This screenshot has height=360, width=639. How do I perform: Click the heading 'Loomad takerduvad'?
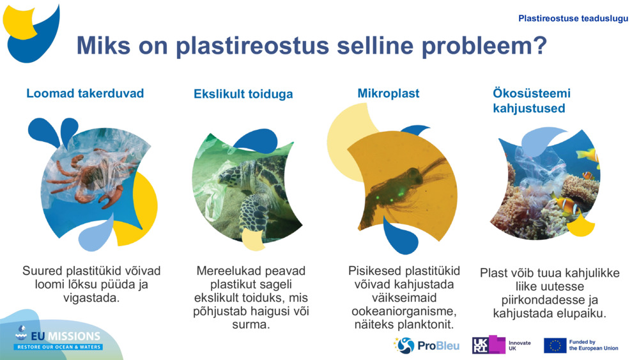click(85, 93)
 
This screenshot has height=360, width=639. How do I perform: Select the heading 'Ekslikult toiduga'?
click(243, 94)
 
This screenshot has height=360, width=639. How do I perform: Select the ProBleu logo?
click(426, 346)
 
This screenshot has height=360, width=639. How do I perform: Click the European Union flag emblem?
click(555, 346)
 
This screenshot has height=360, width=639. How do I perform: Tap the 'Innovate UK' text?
click(520, 346)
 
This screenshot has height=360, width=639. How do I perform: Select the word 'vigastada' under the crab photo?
click(91, 298)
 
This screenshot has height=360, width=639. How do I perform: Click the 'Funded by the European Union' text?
click(593, 345)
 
